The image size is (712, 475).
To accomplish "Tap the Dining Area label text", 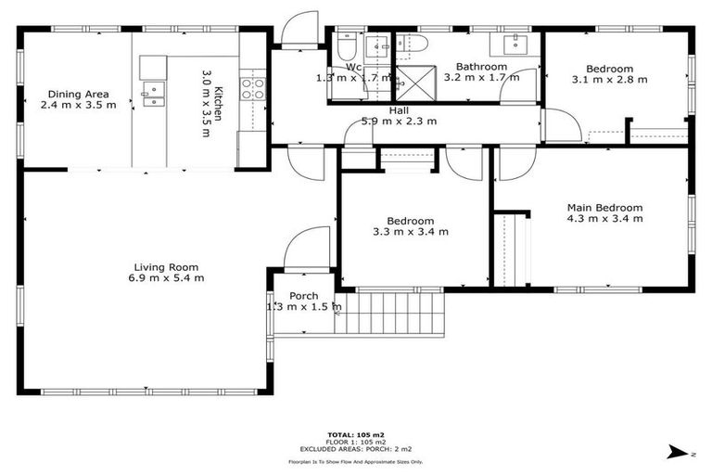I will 79,94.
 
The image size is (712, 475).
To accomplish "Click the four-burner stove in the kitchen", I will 252,88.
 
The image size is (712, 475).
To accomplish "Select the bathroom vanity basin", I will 516,45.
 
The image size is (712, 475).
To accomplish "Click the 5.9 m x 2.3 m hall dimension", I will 400,121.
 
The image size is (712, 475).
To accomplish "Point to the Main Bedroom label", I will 604,208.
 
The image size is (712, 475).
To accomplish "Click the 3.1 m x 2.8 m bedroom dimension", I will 609,80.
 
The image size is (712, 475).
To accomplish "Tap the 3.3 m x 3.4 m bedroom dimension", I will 411,232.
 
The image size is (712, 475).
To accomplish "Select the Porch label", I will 304,296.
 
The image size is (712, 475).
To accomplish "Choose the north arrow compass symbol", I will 680,452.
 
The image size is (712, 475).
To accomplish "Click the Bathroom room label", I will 481,67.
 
